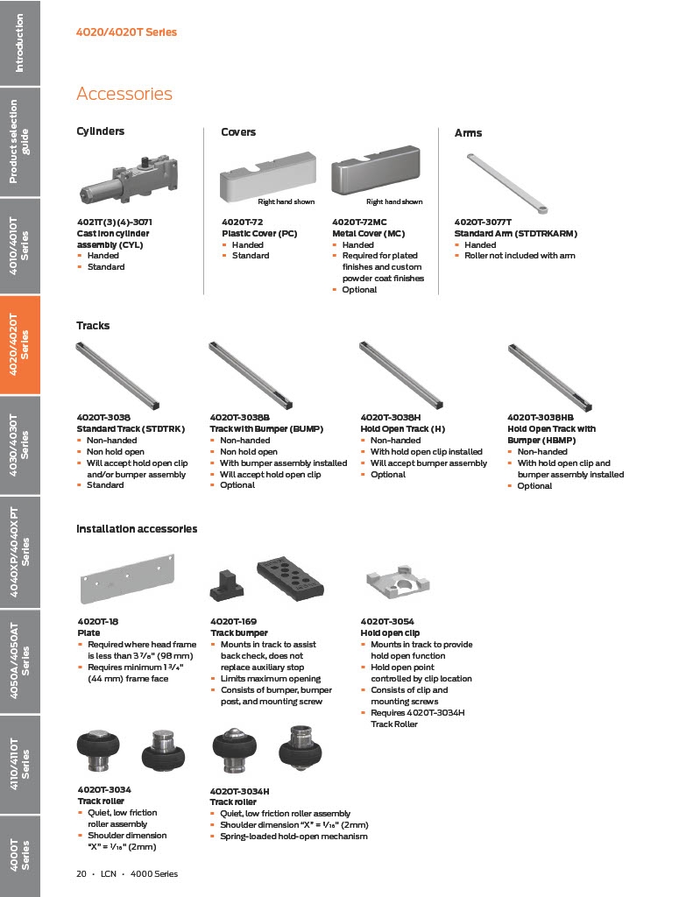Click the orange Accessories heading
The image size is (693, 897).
[x=124, y=94]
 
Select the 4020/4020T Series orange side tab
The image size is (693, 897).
[x=19, y=345]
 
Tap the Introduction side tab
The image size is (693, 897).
[x=19, y=43]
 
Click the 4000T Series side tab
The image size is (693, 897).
[x=19, y=854]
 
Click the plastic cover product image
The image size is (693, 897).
[x=266, y=180]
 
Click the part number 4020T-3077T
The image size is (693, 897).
[x=483, y=222]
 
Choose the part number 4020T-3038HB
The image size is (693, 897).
[x=541, y=418]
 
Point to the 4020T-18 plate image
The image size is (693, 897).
[x=126, y=578]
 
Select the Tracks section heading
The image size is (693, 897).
[x=93, y=325]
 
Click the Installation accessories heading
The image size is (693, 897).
[x=137, y=528]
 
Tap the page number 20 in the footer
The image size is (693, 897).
[x=81, y=873]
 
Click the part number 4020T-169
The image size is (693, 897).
[x=234, y=621]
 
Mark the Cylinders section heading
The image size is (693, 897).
[x=101, y=131]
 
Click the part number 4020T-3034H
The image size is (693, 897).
[x=239, y=791]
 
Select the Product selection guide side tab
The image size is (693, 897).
[x=19, y=142]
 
